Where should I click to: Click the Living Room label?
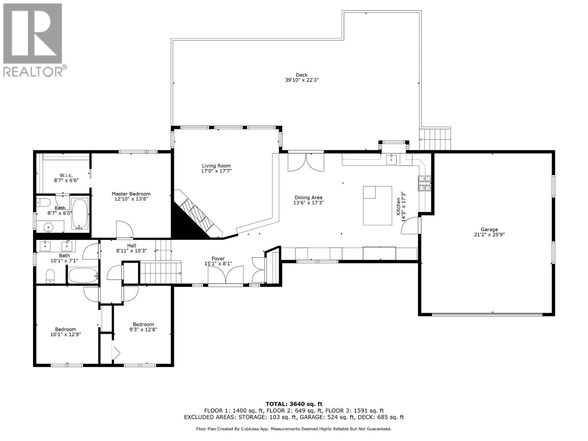point(216,166)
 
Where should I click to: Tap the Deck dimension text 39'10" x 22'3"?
point(301,80)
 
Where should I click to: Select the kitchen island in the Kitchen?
point(377,205)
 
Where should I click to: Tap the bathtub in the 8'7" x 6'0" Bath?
point(80,214)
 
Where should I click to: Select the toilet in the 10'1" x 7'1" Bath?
point(50,276)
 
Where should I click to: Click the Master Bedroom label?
point(131,194)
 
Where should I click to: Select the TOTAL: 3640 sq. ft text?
point(294,404)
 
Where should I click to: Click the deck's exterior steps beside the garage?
point(435,139)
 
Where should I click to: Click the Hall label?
point(132,245)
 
